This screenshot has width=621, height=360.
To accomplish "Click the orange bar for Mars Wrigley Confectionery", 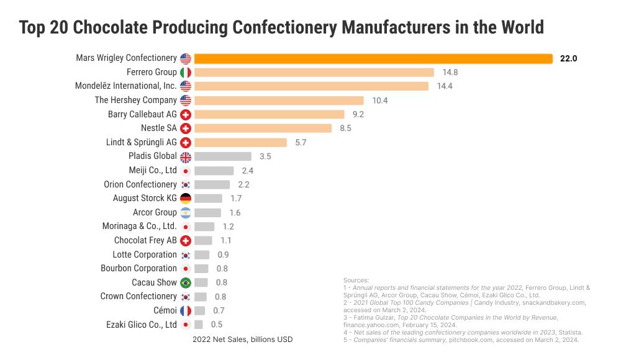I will pos(373,58).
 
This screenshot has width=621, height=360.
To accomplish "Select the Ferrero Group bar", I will pos(314,73).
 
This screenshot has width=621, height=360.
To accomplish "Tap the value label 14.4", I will pos(445,86).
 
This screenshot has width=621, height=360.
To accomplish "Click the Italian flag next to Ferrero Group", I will pos(186,73).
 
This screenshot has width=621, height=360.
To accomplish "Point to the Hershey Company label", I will pos(135,100).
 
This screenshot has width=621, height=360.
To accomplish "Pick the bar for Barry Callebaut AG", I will pos(269,114).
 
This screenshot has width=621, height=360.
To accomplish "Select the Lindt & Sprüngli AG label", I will pos(142,142).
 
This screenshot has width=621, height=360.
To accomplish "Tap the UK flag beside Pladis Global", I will pos(186,156).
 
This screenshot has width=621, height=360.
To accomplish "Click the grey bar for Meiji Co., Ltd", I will pos(214,171).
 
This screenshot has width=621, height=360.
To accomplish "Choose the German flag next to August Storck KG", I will pos(186,199).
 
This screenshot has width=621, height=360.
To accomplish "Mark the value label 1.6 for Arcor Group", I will pos(235,213).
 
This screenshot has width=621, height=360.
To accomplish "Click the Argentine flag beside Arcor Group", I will pos(186,213).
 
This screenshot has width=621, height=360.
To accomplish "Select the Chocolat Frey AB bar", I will pos(203,240).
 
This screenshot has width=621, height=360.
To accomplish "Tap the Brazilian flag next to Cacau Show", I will pos(186,282).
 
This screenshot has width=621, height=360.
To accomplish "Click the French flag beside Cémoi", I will pos(186,310).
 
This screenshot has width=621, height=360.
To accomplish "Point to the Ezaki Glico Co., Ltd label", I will pos(142,324).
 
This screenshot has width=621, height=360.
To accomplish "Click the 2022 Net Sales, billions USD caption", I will pos(242,340).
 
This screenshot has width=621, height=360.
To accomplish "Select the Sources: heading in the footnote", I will pos(356,281).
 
